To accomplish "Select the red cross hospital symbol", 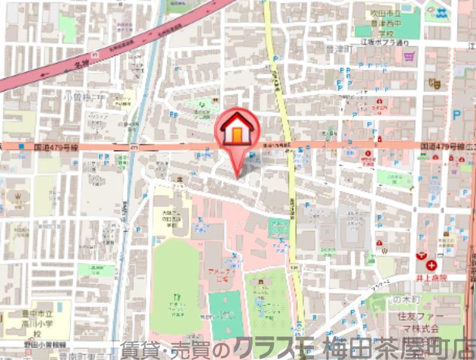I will pyautogui.click(x=430, y=266).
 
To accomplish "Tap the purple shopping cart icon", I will pyautogui.click(x=409, y=57).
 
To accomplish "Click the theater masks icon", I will pyautogui.click(x=434, y=84).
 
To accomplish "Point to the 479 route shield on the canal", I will pyautogui.click(x=134, y=146).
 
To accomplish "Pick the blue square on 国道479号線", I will pyautogui.click(x=22, y=146).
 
